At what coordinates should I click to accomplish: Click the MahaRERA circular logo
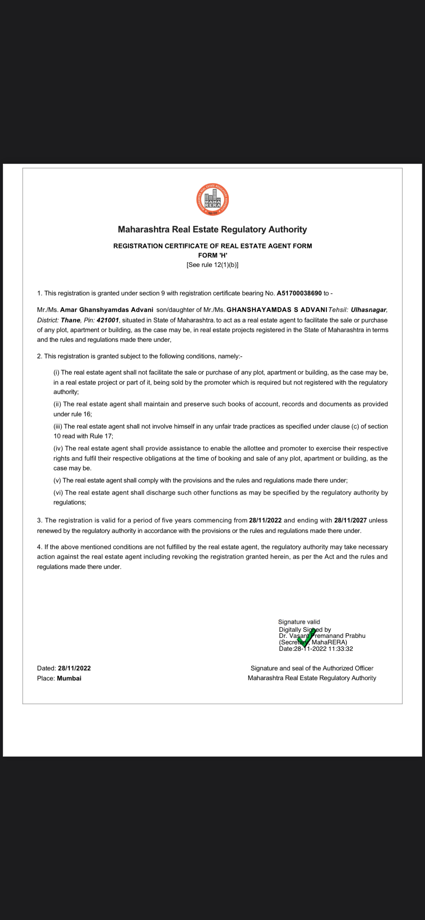212,200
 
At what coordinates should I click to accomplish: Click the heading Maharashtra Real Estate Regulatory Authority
212,229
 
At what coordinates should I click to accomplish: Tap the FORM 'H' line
212,255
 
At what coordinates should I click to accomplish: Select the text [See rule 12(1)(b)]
212,265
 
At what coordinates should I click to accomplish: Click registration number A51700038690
299,293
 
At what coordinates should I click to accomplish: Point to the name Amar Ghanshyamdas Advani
107,310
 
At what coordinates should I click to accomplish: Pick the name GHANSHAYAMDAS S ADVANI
277,310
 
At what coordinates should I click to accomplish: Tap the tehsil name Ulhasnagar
368,310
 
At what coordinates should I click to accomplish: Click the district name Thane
71,320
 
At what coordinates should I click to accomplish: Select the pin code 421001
108,320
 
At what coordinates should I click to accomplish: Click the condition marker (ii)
57,404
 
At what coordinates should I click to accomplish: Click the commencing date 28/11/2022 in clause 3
265,520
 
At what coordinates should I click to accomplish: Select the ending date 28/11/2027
350,520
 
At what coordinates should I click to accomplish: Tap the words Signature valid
299,622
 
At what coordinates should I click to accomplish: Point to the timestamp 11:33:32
340,649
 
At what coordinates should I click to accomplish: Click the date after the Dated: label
74,668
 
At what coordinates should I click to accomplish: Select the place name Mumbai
69,678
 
